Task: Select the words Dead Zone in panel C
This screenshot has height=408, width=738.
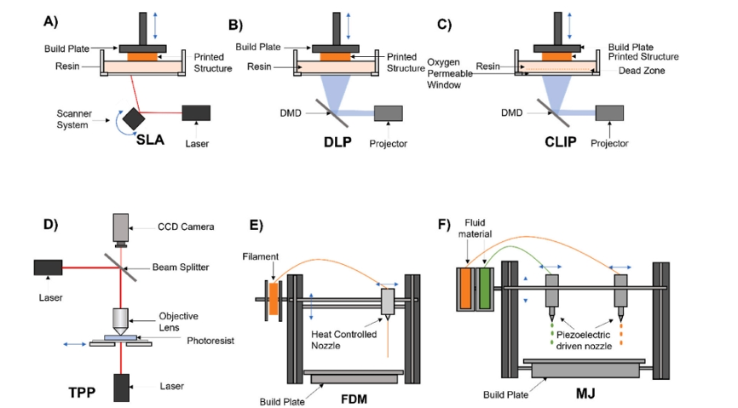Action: click(x=640, y=72)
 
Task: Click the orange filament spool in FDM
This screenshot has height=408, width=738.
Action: click(x=274, y=299)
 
